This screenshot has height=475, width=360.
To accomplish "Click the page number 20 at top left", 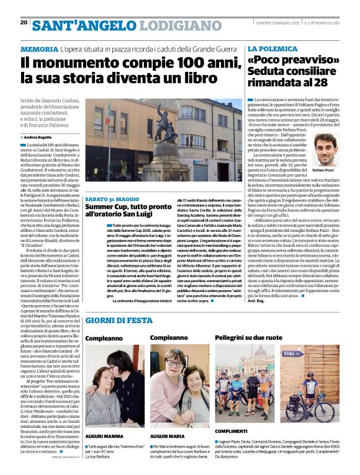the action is (x=24, y=23).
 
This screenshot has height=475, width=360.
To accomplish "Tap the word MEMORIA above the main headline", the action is (x=38, y=49).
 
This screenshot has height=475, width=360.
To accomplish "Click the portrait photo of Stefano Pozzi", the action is (x=323, y=148).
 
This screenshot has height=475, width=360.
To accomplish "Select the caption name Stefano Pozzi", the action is (x=323, y=169).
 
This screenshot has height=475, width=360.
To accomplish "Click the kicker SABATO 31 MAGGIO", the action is (x=112, y=199).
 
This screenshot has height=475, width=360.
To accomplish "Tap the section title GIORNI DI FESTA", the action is (x=119, y=320).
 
